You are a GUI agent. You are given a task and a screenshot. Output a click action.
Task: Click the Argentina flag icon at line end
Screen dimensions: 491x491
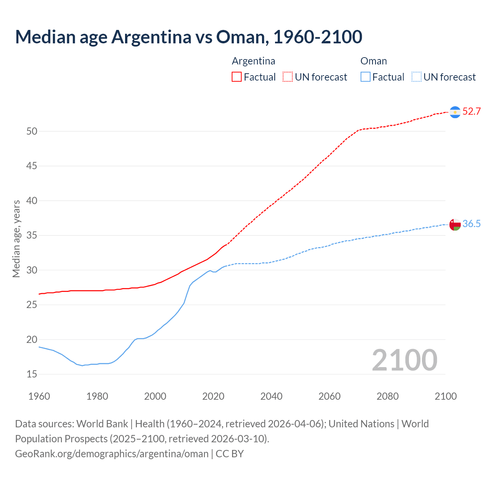[455, 112]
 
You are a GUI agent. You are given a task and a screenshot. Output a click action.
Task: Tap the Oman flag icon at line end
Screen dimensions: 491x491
[455, 224]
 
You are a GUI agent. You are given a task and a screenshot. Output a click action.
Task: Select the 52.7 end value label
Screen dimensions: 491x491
[471, 112]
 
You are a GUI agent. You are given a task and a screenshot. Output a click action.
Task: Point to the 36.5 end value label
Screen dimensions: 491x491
[471, 224]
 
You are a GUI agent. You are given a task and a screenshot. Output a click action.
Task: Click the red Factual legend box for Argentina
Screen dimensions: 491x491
[237, 77]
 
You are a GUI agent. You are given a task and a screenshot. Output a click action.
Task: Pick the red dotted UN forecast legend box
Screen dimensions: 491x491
[288, 77]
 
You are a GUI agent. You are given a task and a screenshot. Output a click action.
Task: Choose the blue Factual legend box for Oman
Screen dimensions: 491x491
[365, 77]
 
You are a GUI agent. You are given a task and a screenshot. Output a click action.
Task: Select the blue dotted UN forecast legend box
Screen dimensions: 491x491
[416, 77]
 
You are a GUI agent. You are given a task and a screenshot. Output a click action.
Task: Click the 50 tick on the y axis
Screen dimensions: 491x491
[32, 132]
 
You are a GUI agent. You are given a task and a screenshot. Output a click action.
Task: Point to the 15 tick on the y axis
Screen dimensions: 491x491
[32, 374]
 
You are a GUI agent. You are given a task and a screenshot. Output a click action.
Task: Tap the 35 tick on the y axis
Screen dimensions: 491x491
[32, 236]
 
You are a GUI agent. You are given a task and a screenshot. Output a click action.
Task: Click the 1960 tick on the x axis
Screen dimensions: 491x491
[39, 396]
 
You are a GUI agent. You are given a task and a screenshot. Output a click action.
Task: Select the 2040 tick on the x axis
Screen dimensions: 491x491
[271, 396]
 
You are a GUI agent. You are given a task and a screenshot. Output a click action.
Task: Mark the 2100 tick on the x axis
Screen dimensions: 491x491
[445, 396]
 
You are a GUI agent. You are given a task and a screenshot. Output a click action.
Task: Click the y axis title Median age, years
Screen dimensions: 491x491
[16, 239]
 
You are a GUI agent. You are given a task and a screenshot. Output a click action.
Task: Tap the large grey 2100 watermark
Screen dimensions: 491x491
[404, 360]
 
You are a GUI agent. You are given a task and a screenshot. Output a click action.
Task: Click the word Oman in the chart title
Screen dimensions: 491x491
[240, 37]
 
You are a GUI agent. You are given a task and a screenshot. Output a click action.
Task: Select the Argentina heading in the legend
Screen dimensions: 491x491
[254, 61]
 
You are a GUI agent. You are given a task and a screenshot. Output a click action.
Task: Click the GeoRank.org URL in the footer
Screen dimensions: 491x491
[112, 454]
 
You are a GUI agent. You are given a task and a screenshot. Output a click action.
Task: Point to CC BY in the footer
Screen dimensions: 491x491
[230, 454]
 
